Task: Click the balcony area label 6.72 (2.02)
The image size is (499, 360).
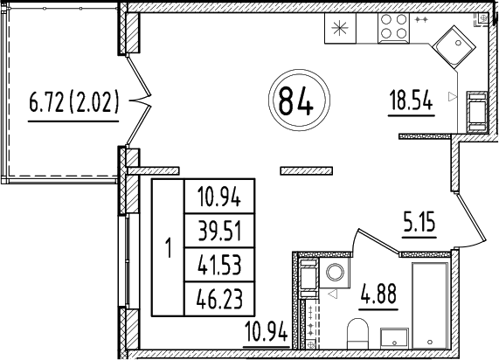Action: point(73,106)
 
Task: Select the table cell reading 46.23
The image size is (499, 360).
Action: point(218,300)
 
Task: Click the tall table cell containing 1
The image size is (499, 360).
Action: point(167,247)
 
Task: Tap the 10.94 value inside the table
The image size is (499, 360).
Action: point(218,196)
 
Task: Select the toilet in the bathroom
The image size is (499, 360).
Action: point(356,334)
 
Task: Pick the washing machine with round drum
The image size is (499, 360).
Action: point(333,273)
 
